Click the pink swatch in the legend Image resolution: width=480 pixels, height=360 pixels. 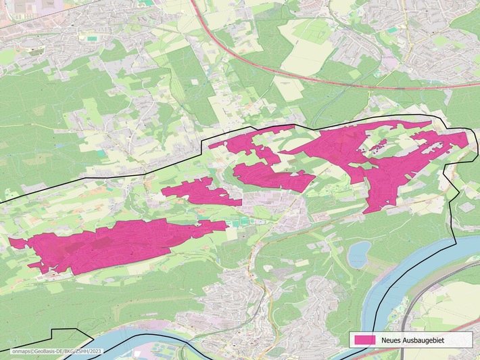tap(362, 339)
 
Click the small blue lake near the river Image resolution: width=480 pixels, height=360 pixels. tap(358, 254)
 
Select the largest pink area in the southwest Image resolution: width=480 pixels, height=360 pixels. tap(115, 244)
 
